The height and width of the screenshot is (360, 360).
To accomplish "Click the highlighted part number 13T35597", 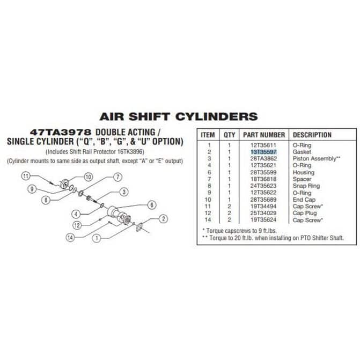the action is [x=263, y=152].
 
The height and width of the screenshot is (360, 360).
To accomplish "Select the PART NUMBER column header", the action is [x=264, y=135].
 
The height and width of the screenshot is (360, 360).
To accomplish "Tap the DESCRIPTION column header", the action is [x=312, y=135].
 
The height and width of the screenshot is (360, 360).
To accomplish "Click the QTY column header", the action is [x=230, y=135].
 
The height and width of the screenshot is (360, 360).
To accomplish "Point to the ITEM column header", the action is [x=208, y=135].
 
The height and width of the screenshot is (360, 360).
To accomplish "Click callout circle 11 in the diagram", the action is [x=26, y=177].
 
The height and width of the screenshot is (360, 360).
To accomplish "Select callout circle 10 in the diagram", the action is [x=89, y=177].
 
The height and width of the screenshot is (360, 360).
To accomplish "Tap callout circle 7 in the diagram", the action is [x=118, y=177].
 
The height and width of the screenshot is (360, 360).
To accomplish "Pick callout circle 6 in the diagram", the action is [x=152, y=205].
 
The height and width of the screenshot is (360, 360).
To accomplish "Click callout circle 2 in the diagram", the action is [x=164, y=218].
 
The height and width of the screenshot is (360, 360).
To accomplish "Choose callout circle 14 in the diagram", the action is [x=70, y=237].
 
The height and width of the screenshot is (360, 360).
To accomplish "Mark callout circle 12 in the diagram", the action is [x=77, y=225].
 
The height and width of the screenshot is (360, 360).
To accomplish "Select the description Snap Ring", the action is [x=306, y=186].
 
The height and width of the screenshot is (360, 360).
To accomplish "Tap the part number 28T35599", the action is [x=263, y=172].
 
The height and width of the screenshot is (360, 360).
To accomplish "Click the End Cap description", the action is [x=304, y=200].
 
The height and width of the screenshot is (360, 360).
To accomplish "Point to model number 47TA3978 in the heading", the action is [x=61, y=133].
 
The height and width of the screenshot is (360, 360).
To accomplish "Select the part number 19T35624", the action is [x=263, y=220].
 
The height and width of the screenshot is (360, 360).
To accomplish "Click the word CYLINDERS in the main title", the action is [x=217, y=116].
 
